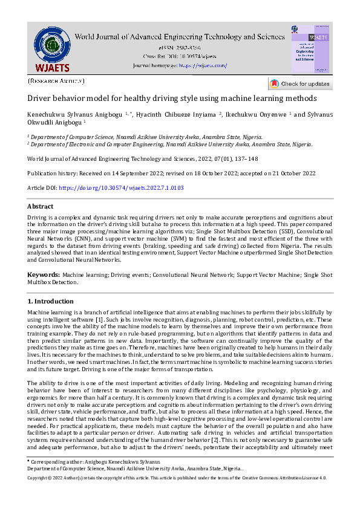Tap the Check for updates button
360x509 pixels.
coord(300,83)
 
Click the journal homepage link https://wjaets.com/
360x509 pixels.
coord(203,65)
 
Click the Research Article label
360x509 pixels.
coord(56,80)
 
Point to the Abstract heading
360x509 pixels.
coord(41,206)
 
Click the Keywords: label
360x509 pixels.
coord(44,275)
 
